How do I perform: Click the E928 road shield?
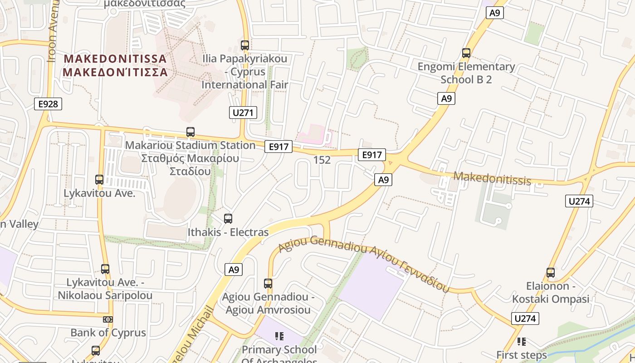[x=48, y=104]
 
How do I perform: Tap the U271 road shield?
[x=243, y=113]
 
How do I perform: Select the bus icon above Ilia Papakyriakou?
[x=245, y=45]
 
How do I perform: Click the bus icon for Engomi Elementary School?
[x=466, y=53]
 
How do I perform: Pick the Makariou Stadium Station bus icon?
[x=190, y=132]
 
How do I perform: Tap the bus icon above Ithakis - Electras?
[x=228, y=219]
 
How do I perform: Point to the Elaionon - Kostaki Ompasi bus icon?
[x=551, y=273]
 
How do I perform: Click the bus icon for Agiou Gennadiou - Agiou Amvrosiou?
[x=268, y=284]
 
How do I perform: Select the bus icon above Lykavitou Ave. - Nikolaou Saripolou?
[x=105, y=269]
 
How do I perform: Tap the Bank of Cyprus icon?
[x=108, y=319]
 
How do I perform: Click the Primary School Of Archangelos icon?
[x=279, y=336]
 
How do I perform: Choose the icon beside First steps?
[x=522, y=341]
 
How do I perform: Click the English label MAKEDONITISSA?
[x=115, y=59]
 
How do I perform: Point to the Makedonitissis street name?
[x=492, y=178]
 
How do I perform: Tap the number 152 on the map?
[x=322, y=160]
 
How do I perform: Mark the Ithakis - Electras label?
[x=228, y=232]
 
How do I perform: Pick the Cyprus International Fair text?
[x=245, y=78]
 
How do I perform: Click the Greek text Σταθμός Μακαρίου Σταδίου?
[x=190, y=165]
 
